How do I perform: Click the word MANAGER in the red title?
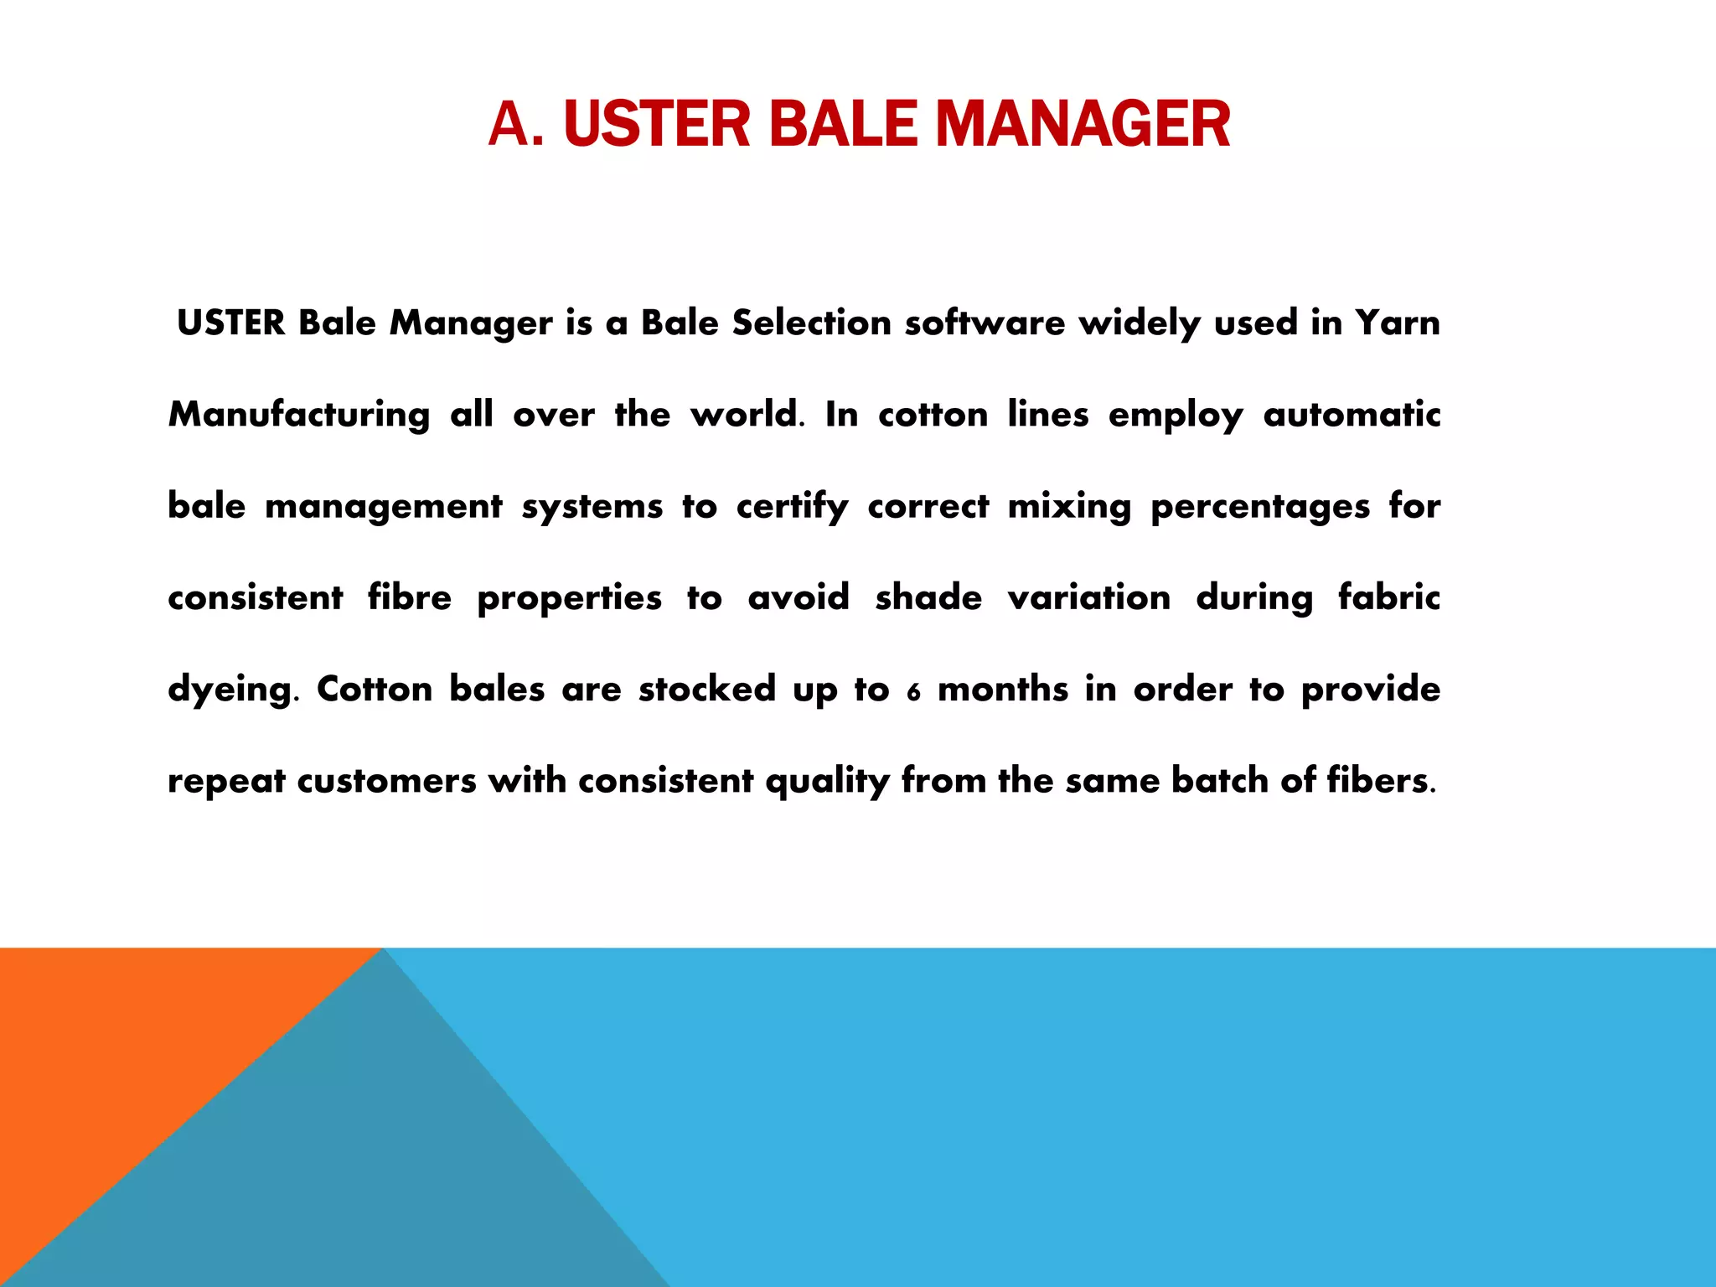click(x=1082, y=124)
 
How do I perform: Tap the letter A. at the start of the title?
click(x=516, y=124)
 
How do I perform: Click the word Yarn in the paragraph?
click(x=1398, y=323)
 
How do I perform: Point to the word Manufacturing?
click(x=299, y=415)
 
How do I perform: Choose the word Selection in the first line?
click(x=811, y=323)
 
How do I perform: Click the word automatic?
click(x=1352, y=415)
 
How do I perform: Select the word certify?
click(x=792, y=507)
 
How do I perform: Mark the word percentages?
click(x=1260, y=507)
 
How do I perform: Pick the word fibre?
click(x=410, y=597)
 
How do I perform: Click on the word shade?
click(x=928, y=597)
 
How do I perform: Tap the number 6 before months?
click(x=913, y=692)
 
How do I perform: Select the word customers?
click(x=386, y=781)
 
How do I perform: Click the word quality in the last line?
click(x=826, y=781)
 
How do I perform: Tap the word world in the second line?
click(x=743, y=415)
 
